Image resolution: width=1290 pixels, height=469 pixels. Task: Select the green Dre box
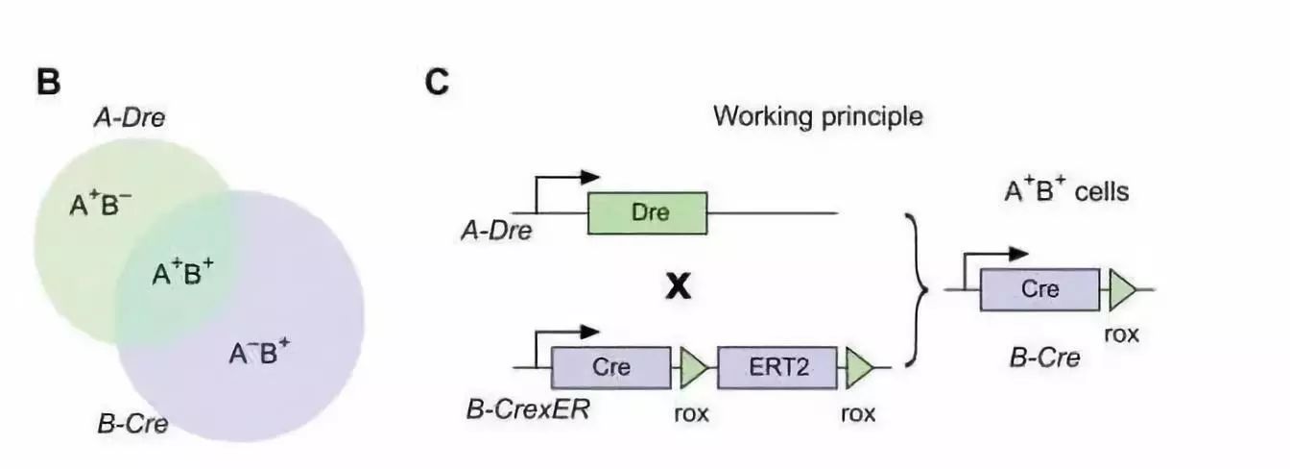pos(647,212)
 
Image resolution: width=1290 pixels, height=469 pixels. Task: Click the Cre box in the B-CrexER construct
pos(610,367)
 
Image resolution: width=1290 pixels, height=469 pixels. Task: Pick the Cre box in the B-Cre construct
pos(1039,289)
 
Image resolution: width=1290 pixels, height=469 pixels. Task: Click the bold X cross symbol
pos(679,286)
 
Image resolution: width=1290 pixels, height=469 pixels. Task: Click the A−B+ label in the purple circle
pos(258,355)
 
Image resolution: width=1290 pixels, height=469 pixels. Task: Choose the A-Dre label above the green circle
pos(128,119)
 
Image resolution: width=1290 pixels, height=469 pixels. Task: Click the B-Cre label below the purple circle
pos(133,423)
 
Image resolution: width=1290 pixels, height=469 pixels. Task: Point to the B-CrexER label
pos(527,411)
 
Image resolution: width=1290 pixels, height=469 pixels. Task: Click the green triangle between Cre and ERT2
pos(693,367)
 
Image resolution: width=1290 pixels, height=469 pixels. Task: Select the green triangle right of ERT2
pos(859,367)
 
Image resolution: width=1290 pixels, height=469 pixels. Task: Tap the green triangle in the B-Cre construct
pos(1121,289)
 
